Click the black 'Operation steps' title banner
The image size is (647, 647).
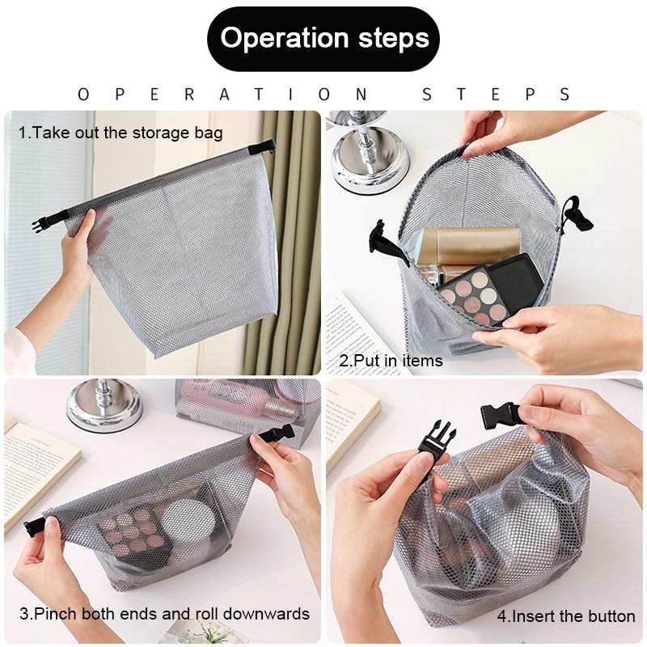tap(323, 39)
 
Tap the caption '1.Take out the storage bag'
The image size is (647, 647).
tap(121, 133)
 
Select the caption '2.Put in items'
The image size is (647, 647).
tap(391, 361)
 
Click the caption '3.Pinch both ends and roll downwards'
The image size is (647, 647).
tap(164, 613)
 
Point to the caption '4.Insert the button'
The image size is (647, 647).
tap(565, 616)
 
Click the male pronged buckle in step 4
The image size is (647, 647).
tap(438, 442)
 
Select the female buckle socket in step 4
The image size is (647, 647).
tap(500, 415)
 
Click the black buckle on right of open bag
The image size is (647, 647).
tap(577, 214)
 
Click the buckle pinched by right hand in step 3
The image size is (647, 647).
tap(275, 434)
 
